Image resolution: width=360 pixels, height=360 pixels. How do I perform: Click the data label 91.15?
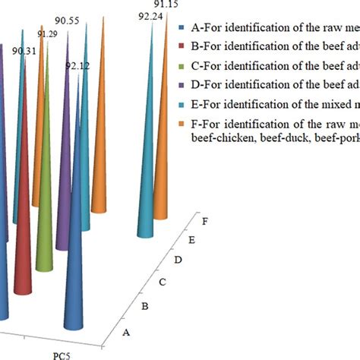165,5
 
